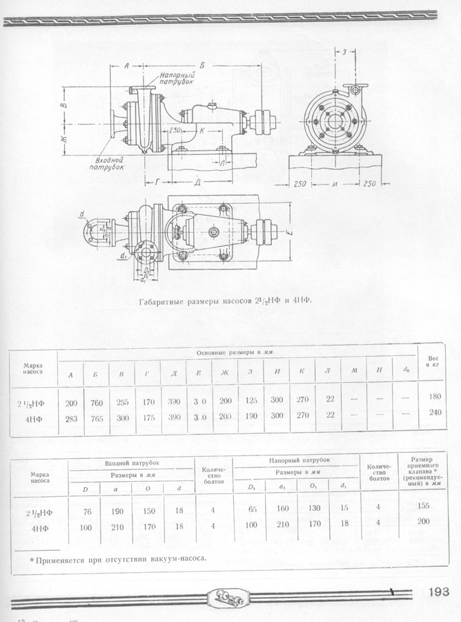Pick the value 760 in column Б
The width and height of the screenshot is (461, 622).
95,402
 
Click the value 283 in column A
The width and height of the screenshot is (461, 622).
70,415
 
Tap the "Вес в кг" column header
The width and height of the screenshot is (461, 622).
434,362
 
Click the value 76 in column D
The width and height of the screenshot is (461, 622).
87,512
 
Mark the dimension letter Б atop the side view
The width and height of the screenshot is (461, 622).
202,64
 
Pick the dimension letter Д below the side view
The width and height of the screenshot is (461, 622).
197,182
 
